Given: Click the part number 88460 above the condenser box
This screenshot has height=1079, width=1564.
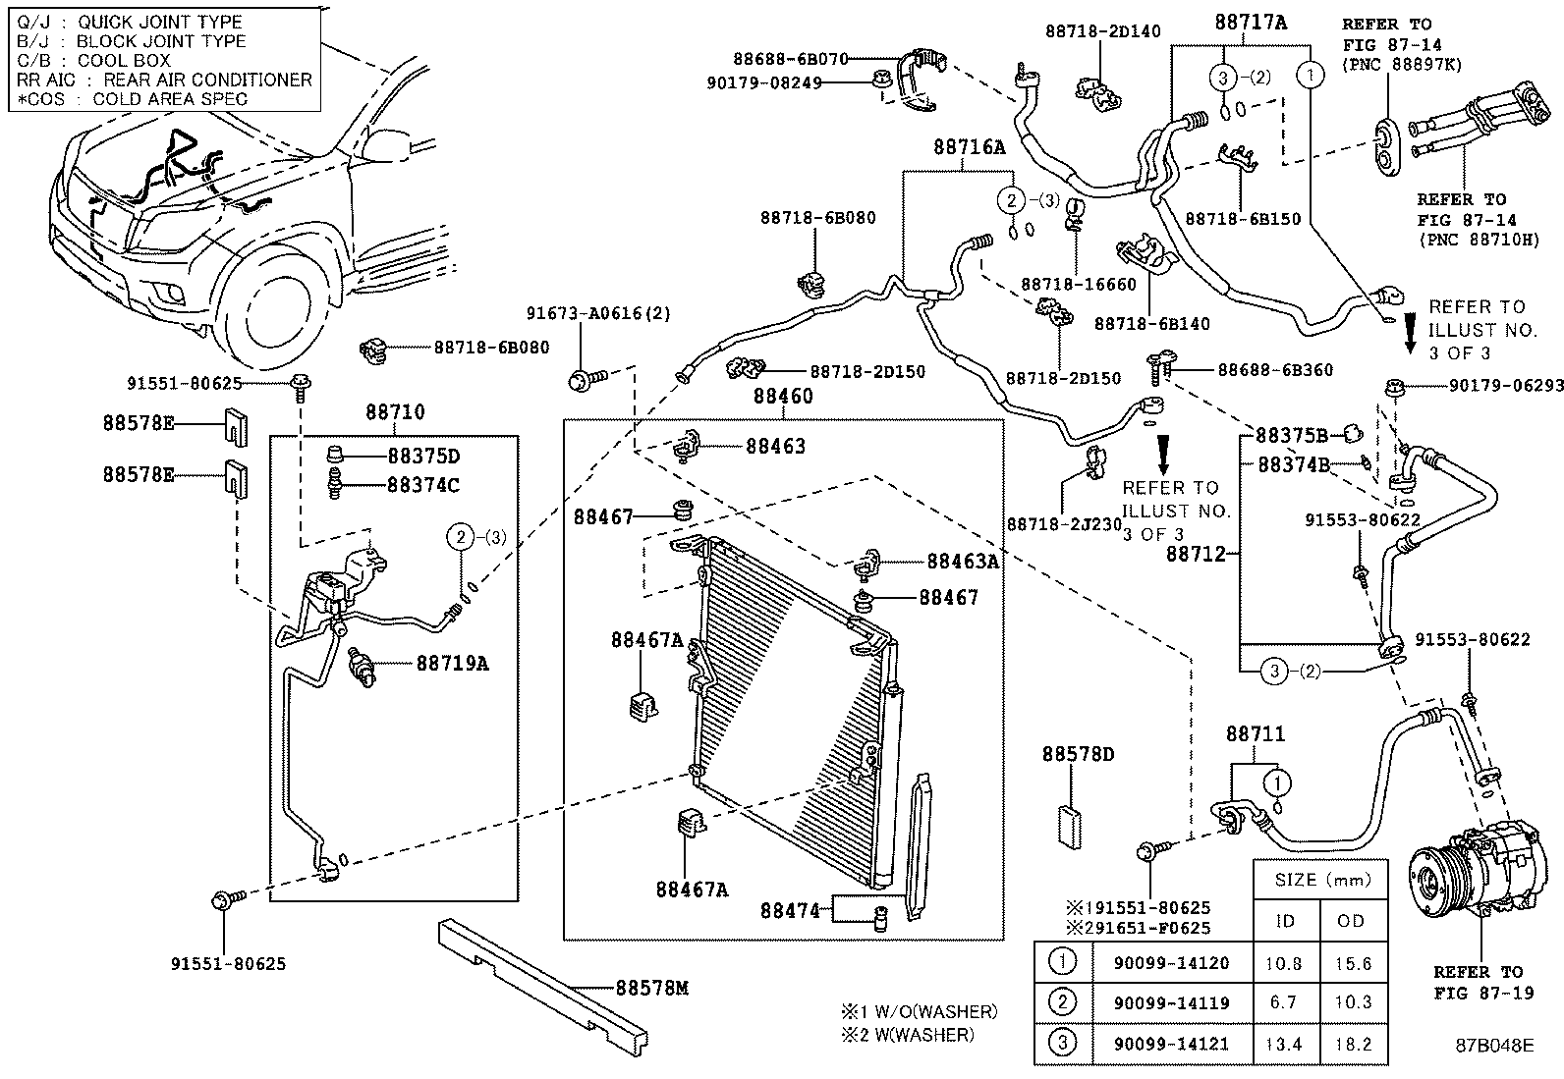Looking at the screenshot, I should (783, 397).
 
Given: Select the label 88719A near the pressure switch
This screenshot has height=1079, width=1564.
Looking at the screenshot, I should (452, 663).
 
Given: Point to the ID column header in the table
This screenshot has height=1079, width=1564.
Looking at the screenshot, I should (1285, 920).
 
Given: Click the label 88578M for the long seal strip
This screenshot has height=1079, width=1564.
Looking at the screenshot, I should (651, 987).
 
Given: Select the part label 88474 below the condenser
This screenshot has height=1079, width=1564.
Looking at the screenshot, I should (789, 910).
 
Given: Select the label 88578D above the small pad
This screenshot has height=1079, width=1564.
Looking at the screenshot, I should (1079, 754).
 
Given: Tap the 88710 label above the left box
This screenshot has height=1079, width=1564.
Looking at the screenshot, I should (396, 412).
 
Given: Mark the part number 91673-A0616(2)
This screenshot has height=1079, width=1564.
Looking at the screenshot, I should (597, 313).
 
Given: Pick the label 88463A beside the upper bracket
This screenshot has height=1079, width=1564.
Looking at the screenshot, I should (963, 561).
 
